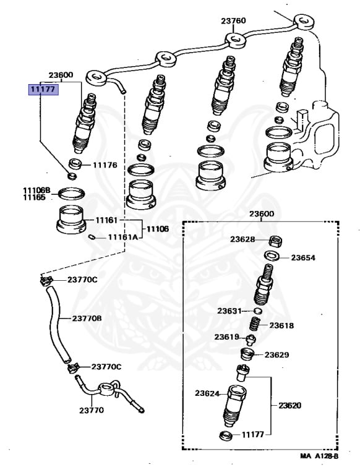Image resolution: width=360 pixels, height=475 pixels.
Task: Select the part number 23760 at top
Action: (234, 20)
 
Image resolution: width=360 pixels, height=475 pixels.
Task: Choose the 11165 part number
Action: (35, 197)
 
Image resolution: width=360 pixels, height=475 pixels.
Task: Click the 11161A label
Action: (122, 237)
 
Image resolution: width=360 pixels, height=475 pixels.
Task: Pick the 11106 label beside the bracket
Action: (157, 229)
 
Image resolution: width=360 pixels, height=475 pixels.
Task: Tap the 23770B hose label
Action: (87, 319)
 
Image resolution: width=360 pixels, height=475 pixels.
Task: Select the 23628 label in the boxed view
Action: (243, 239)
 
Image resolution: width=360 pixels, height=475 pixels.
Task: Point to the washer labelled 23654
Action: (270, 256)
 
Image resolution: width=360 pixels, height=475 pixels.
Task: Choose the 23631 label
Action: (229, 310)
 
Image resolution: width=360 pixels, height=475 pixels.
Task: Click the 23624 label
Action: (208, 393)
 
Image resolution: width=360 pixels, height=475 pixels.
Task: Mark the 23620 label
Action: (290, 406)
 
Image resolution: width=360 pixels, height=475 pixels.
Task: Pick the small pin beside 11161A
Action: (92, 236)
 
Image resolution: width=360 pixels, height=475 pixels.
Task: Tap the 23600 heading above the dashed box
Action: (262, 214)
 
